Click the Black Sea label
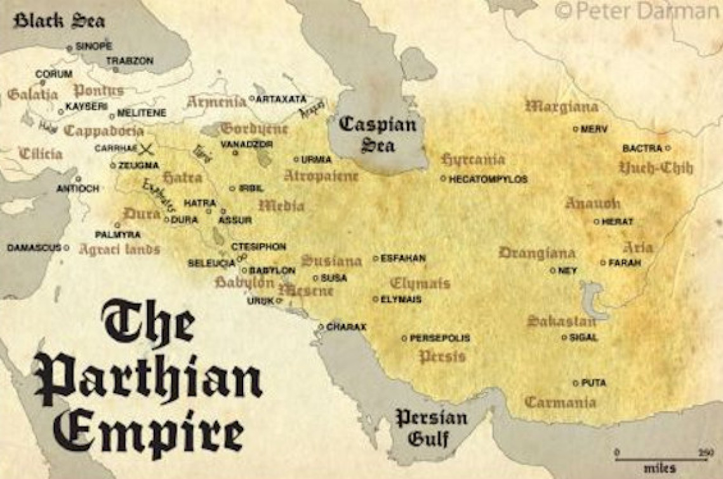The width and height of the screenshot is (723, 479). [60, 20]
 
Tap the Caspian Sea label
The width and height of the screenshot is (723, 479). [377, 134]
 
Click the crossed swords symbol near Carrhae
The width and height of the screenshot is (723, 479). [147, 149]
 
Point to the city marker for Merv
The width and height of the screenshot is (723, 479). [576, 129]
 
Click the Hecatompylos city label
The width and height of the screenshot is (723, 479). [488, 180]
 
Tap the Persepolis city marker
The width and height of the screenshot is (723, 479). [404, 339]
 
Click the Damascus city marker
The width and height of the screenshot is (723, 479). [66, 247]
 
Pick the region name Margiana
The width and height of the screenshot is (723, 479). [562, 106]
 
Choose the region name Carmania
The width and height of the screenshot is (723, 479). [560, 402]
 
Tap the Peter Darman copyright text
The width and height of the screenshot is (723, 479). [637, 11]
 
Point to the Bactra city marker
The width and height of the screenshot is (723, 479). [668, 148]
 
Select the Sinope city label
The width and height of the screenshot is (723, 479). [93, 46]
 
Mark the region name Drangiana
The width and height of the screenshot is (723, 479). [537, 252]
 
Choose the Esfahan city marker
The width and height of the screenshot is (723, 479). [376, 259]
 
